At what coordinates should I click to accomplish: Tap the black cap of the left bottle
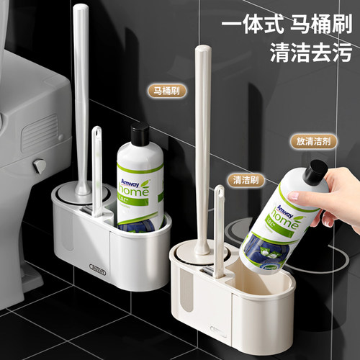[x=140, y=134]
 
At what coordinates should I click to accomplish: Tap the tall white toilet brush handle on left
[x=81, y=94]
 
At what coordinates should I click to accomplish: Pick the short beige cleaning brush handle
[x=218, y=223]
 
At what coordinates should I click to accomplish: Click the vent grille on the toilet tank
[x=32, y=133]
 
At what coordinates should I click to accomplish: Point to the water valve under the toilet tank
[x=40, y=166]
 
